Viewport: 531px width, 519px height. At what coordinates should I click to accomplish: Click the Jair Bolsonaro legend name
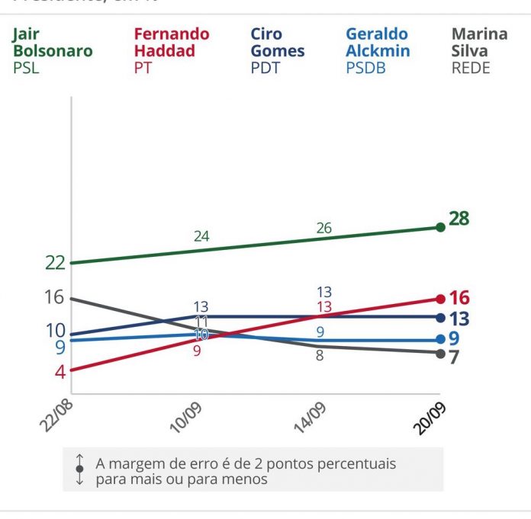(52, 43)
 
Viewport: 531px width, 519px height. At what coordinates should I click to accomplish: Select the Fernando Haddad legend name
(171, 43)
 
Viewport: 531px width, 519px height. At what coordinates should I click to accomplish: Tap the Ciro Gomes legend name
(277, 43)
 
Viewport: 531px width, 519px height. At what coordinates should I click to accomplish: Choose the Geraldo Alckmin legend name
(378, 43)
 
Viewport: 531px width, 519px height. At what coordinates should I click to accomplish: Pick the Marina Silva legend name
(479, 43)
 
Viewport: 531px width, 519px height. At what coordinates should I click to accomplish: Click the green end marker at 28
(440, 227)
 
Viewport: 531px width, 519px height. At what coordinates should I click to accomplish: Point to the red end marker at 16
(440, 299)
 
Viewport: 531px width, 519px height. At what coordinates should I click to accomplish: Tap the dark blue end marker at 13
(440, 317)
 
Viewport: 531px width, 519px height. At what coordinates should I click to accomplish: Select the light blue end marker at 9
(440, 340)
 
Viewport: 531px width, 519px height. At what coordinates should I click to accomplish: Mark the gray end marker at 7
(440, 354)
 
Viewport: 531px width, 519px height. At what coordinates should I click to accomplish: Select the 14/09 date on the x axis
(311, 416)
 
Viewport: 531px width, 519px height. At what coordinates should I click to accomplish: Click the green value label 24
(201, 236)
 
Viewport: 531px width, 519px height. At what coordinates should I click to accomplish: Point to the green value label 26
(324, 229)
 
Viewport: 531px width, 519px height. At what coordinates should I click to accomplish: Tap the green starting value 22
(55, 263)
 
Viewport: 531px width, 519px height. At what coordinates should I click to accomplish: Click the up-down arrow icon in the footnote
(79, 469)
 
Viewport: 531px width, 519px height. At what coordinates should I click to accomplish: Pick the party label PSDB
(366, 68)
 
